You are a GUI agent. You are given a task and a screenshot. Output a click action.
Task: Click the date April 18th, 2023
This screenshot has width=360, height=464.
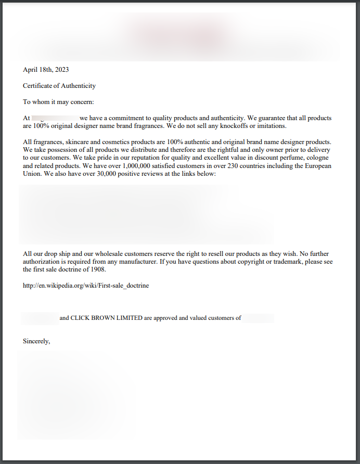click(46, 70)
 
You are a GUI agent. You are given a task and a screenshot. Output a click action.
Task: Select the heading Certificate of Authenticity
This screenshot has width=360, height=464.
click(59, 86)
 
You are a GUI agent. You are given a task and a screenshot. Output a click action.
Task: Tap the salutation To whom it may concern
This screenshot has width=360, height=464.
click(58, 102)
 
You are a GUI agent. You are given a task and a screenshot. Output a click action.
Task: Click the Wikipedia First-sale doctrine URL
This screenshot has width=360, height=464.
click(86, 286)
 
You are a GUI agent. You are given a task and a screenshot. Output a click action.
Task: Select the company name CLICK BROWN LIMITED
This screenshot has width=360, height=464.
click(106, 318)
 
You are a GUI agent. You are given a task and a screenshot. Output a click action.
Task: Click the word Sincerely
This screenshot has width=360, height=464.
click(36, 341)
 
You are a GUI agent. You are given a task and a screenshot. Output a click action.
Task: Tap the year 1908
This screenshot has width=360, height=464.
click(97, 270)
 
